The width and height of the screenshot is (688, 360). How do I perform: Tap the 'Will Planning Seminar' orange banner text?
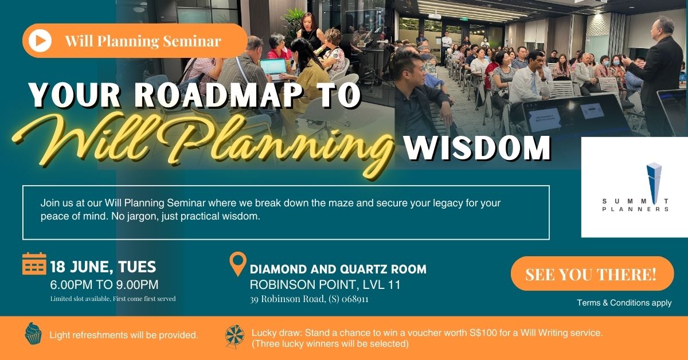143,41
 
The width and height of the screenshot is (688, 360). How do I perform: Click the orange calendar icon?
34,264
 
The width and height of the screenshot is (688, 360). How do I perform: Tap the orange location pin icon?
237,264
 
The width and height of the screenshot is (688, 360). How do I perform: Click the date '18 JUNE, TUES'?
103,267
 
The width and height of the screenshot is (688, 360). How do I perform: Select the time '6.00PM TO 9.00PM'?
104,284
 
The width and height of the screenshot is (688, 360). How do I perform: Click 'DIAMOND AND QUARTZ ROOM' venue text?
338,269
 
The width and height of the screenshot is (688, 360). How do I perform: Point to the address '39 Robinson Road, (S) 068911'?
309,299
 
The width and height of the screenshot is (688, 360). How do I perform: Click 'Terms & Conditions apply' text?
624,303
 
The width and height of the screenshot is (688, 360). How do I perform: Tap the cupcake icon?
33,334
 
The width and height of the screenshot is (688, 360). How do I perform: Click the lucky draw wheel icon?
235,336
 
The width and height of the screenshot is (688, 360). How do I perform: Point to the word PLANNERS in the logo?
635,210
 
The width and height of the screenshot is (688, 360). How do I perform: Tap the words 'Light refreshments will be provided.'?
124,335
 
